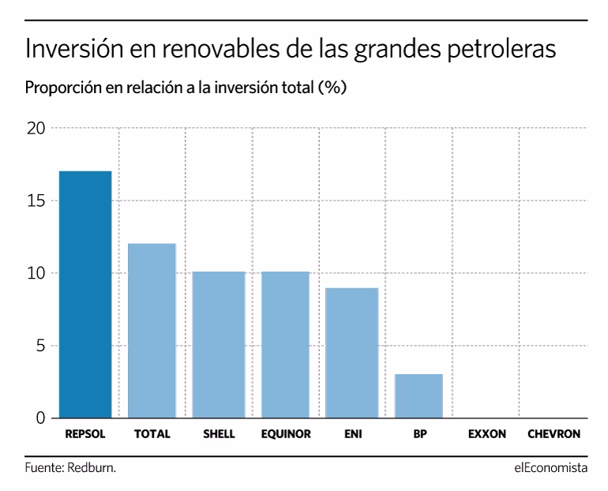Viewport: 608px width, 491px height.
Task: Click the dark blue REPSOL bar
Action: (85, 294)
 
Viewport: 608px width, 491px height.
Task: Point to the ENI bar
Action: (352, 352)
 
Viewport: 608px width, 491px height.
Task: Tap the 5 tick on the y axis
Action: (39, 346)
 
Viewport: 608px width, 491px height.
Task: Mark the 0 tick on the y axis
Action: (39, 418)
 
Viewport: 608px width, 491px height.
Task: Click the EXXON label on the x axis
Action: (486, 434)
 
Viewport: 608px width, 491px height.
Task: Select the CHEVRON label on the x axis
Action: (554, 434)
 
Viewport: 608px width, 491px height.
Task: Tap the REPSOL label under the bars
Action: (85, 434)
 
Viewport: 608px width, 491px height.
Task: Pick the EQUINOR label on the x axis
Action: (285, 434)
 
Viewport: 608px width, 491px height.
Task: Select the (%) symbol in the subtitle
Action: (332, 88)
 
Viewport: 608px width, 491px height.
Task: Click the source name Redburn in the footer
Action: (93, 468)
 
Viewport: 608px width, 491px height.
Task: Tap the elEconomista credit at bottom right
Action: (550, 468)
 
